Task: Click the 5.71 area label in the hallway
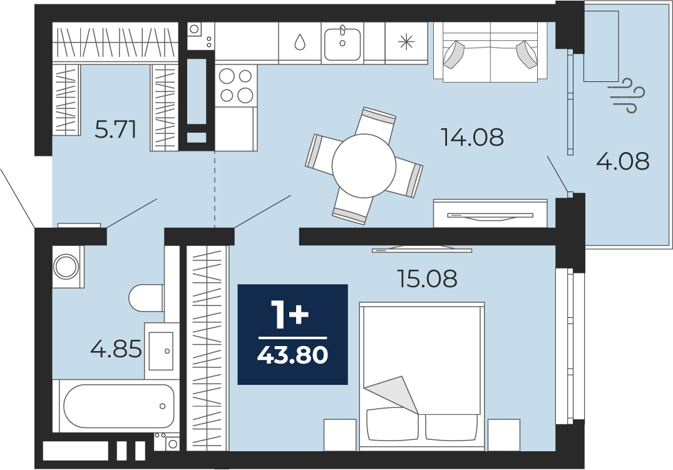(x=115, y=129)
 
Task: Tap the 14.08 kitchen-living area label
(x=472, y=137)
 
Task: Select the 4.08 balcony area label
(x=623, y=162)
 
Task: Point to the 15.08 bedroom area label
(x=427, y=278)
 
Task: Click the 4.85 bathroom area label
(x=116, y=349)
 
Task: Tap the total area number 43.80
(x=293, y=355)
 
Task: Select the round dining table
(x=364, y=166)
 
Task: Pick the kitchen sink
(x=342, y=43)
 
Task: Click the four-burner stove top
(x=235, y=86)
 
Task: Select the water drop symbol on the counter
(x=300, y=42)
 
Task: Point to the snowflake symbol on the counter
(x=406, y=42)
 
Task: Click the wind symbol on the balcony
(x=627, y=95)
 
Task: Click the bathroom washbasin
(x=162, y=350)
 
